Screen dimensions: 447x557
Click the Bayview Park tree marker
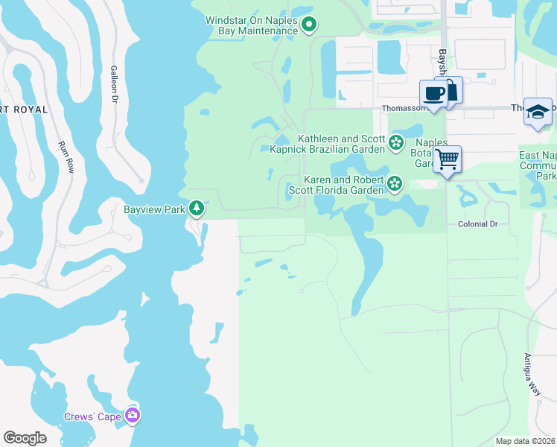[197, 209]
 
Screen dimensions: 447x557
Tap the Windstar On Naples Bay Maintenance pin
[310, 25]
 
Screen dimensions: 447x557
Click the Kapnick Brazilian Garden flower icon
[396, 142]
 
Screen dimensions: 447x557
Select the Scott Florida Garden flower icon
[395, 183]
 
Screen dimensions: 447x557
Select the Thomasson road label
[402, 107]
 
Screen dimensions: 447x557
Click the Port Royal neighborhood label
[24, 110]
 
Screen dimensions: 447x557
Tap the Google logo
[25, 438]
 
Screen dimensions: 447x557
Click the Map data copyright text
[525, 441]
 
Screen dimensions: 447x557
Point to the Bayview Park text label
[154, 209]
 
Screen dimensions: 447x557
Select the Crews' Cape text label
[92, 417]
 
